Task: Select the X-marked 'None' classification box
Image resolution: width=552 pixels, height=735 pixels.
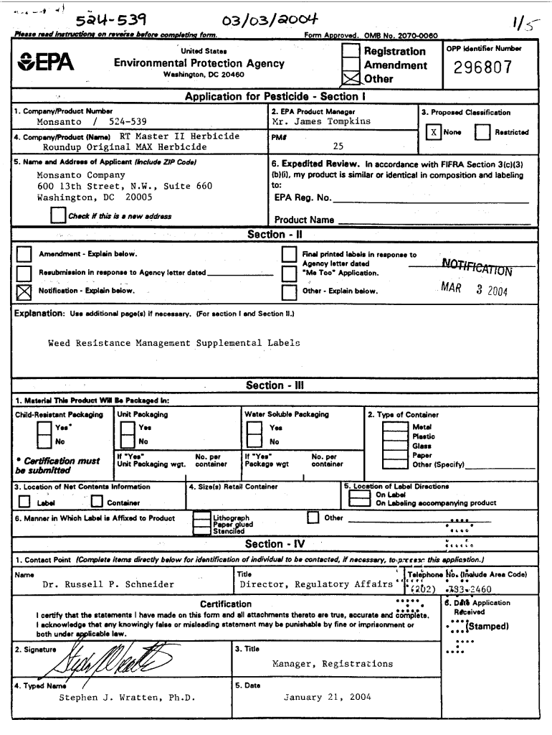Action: click(433, 132)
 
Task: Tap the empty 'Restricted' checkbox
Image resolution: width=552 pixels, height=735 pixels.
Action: click(482, 132)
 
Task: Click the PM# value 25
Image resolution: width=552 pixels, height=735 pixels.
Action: click(338, 146)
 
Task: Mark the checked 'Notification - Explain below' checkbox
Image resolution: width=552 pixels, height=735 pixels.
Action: click(24, 291)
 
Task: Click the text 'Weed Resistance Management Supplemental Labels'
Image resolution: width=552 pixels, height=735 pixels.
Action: click(173, 343)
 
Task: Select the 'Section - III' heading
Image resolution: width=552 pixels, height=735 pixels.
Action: click(275, 385)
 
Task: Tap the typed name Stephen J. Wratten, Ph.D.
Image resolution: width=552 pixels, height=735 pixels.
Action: click(127, 697)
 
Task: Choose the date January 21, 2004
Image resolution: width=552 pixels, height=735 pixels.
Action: click(327, 697)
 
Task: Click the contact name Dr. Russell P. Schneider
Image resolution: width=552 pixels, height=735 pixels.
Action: click(108, 584)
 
